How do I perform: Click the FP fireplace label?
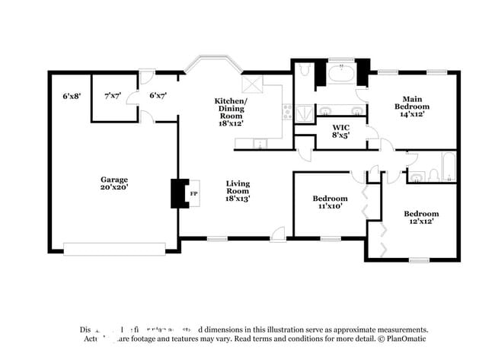(193, 193)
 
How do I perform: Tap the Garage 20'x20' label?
(114, 183)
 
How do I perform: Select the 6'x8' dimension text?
(72, 96)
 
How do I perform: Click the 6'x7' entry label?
(158, 96)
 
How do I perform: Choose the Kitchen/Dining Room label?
(231, 110)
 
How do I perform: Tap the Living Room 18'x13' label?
(238, 190)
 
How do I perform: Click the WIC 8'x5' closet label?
(341, 131)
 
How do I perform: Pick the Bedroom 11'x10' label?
(330, 202)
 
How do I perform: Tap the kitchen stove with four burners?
(288, 112)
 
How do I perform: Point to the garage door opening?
(114, 248)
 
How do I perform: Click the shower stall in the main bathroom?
(304, 113)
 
